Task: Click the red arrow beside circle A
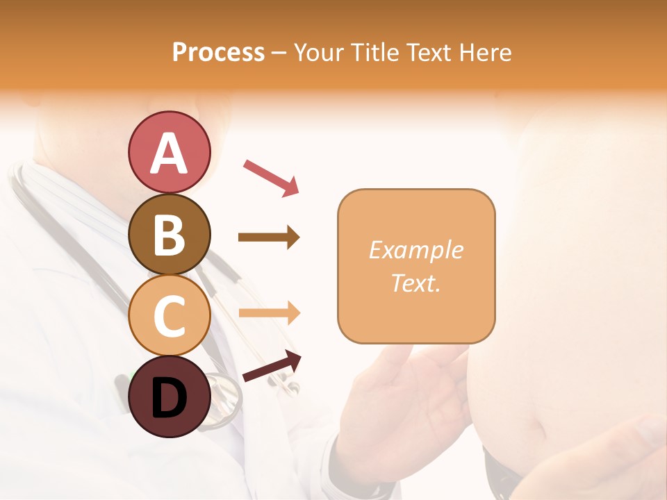click(x=271, y=176)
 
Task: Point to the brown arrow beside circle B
click(x=269, y=237)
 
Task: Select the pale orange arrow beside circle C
click(x=269, y=313)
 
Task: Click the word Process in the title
click(x=218, y=52)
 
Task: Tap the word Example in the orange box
click(x=415, y=250)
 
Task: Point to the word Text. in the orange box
click(x=415, y=283)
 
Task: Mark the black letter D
click(x=169, y=397)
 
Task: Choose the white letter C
click(x=169, y=316)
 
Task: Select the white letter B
click(x=169, y=235)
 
